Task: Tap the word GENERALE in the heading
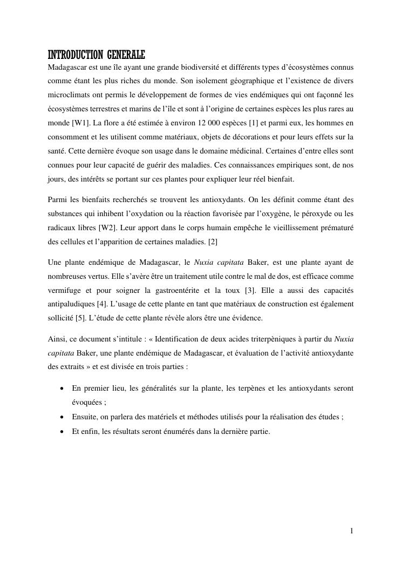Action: [x=126, y=55]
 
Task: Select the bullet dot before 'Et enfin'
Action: [x=64, y=431]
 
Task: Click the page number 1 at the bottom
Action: [x=351, y=531]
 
